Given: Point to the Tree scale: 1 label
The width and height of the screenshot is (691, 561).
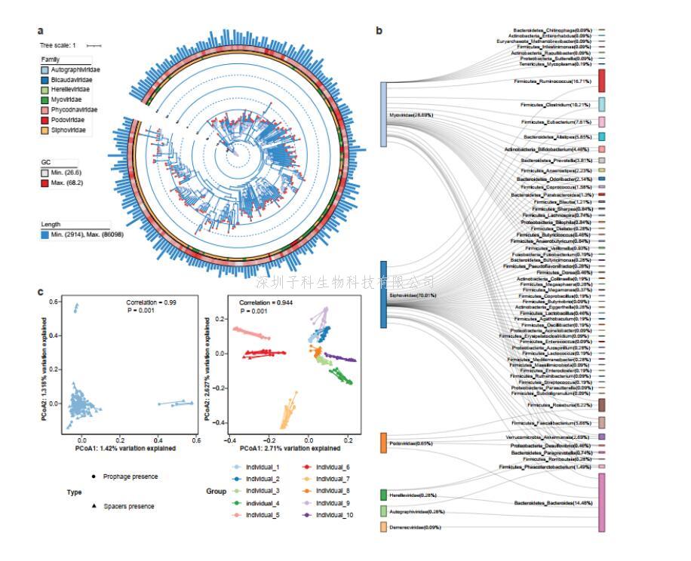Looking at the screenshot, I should [59, 45].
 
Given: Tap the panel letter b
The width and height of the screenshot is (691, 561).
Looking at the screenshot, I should [379, 30].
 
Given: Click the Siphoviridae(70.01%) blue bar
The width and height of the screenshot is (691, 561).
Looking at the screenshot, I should [383, 294].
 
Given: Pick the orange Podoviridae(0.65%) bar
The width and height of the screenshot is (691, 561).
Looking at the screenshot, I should [383, 443].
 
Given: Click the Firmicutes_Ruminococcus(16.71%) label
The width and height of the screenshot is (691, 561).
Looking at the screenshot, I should [557, 80].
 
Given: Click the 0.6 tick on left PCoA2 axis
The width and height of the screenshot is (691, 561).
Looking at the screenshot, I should [54, 302].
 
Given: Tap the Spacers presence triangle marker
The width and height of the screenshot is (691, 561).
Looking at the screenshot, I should [94, 506].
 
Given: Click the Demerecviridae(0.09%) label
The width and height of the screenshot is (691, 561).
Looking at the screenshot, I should [416, 527].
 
